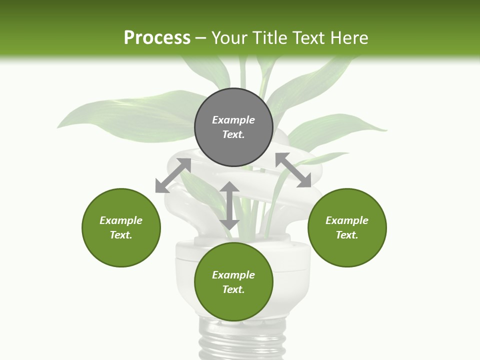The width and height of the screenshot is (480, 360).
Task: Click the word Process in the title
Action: [x=157, y=38]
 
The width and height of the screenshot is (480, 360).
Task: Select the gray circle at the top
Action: [x=233, y=127]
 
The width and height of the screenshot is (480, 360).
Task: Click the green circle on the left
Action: [x=121, y=227]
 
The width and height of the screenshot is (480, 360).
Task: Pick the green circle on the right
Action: [x=347, y=227]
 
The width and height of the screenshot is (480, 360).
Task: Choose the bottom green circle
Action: [x=233, y=282]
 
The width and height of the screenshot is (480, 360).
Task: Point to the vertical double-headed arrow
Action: [x=229, y=206]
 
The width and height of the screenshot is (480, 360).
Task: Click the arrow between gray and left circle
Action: [x=173, y=175]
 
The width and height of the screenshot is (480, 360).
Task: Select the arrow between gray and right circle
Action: [x=293, y=170]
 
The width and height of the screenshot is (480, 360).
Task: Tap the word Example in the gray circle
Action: [x=233, y=120]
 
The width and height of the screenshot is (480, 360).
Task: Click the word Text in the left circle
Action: [x=121, y=235]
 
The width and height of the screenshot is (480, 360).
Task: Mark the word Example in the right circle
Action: [x=347, y=220]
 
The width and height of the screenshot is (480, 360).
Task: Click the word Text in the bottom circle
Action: [x=233, y=289]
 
